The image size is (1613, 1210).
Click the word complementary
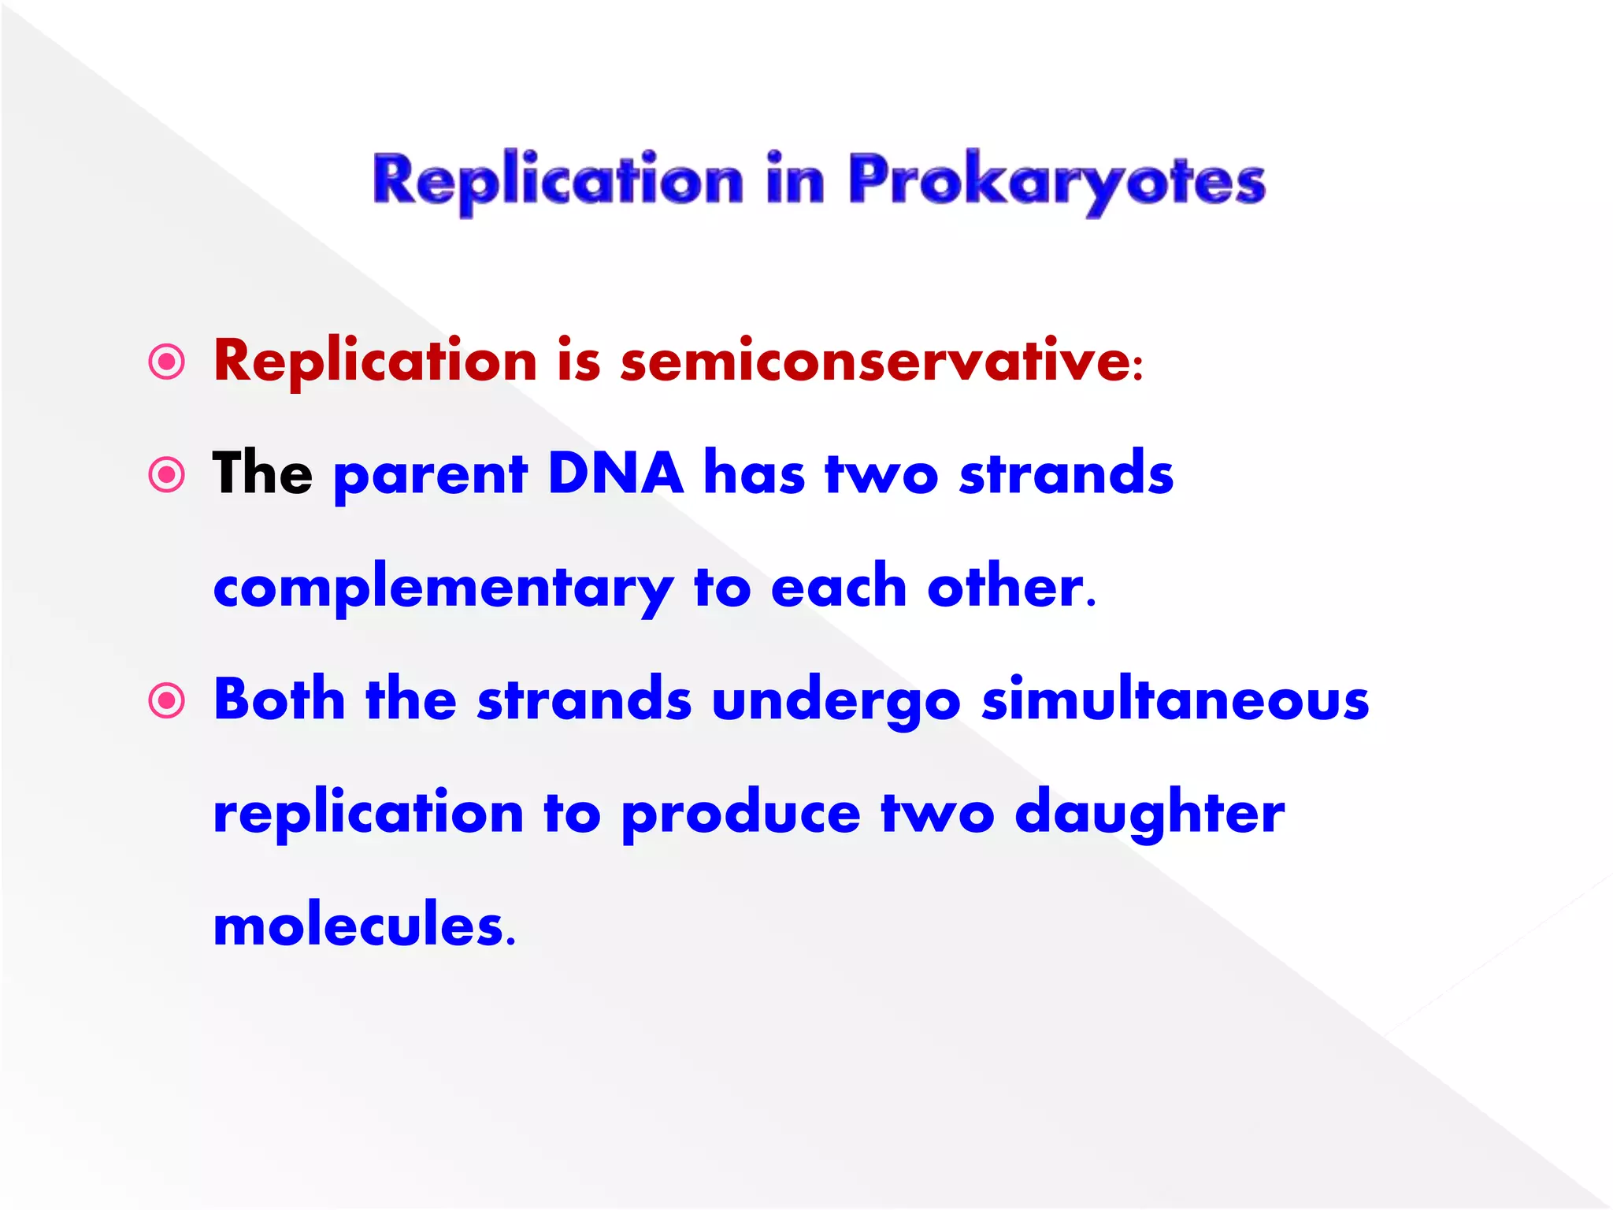click(443, 589)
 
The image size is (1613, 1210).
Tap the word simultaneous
click(1175, 700)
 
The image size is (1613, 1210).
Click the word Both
click(280, 700)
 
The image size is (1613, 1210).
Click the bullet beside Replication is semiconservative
click(166, 362)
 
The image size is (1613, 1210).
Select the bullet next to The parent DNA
click(166, 474)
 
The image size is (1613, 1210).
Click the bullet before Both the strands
click(166, 700)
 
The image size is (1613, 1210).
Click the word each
click(838, 588)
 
